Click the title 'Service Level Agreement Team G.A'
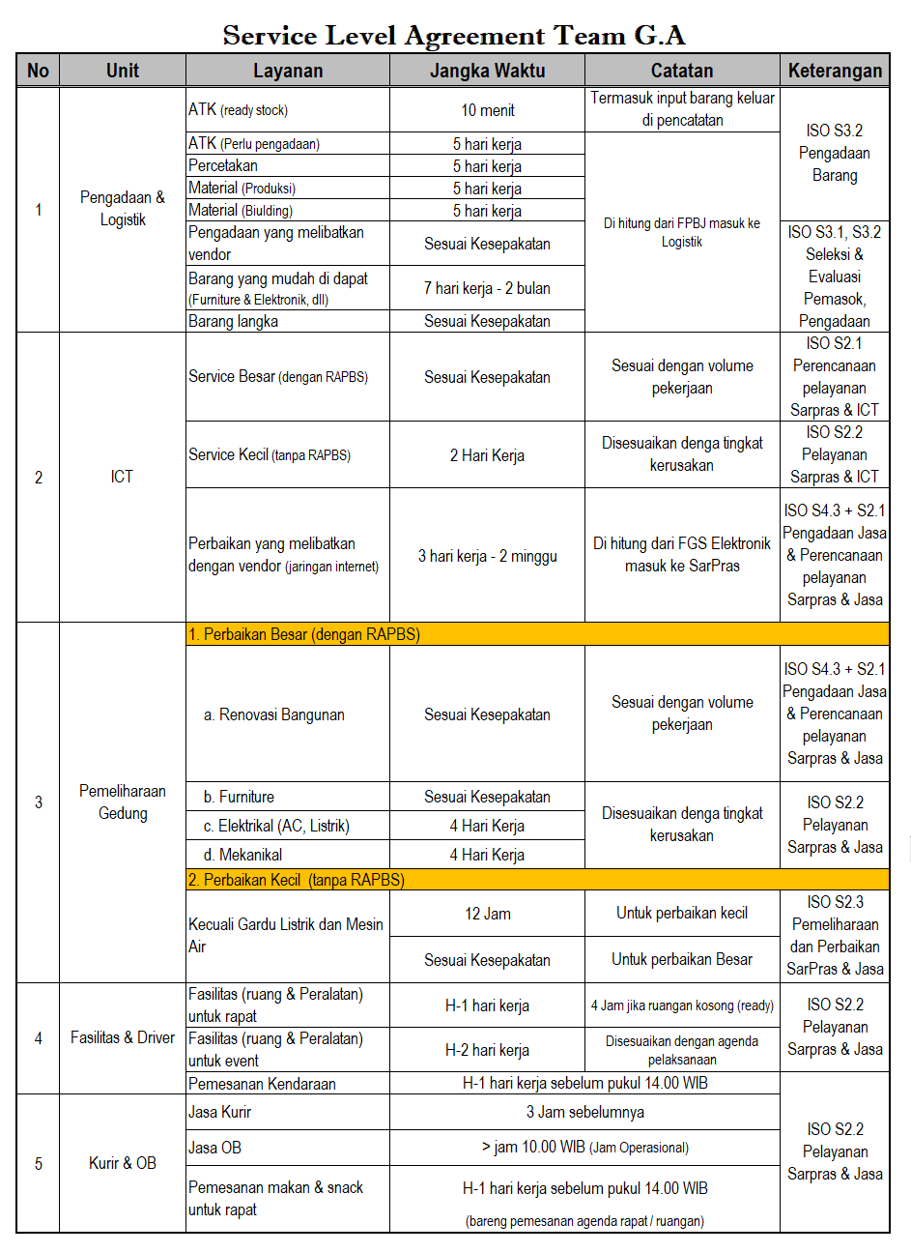[x=454, y=36]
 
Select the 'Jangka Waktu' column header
[x=487, y=71]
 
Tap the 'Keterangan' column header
[x=835, y=71]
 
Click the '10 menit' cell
[x=487, y=110]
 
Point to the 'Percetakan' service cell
[x=223, y=165]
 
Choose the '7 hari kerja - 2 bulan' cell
[x=487, y=288]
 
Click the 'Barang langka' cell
[x=234, y=321]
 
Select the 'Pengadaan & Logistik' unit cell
[x=123, y=209]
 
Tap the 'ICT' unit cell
[x=122, y=477]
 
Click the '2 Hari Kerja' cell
[x=487, y=455]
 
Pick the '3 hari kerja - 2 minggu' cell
[x=487, y=556]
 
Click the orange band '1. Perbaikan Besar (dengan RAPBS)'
[x=537, y=634]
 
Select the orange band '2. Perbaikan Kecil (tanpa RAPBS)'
[x=537, y=880]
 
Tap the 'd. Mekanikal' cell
[x=243, y=855]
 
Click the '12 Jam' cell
[x=487, y=914]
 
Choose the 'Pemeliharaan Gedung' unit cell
[x=123, y=802]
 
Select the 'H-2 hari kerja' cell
[x=487, y=1050]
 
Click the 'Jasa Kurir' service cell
[x=220, y=1112]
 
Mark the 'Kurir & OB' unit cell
[x=123, y=1163]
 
